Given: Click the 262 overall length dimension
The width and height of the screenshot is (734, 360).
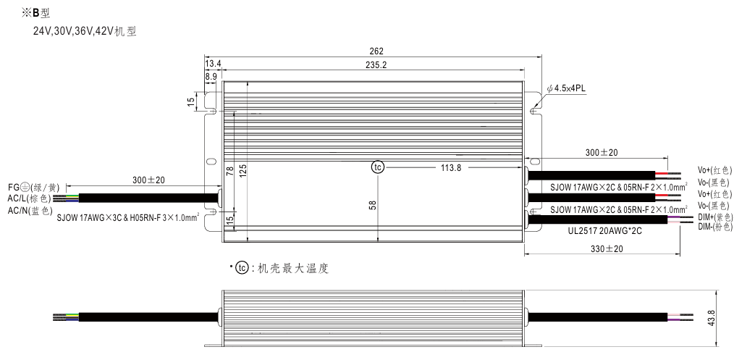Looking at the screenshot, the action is pos(376,51).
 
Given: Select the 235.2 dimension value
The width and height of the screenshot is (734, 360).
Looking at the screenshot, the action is pos(376,65).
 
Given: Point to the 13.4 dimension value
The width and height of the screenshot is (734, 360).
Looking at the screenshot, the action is pos(213,64).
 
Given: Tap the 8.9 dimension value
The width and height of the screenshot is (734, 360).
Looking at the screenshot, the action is pos(211,76).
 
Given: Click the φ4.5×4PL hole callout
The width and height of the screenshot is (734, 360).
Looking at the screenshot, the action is pos(566,88).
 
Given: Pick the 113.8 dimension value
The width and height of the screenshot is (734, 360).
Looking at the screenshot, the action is pos(451,167).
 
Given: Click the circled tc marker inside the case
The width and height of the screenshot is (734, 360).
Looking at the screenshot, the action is pos(377,167).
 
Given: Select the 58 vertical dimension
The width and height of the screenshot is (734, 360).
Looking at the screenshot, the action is pos(373,205).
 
